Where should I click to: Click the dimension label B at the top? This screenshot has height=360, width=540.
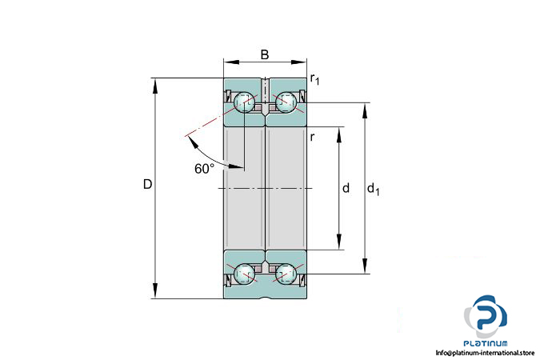(x=265, y=54)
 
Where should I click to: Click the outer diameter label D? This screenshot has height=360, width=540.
(x=147, y=184)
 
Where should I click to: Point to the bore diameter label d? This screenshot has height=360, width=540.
(x=346, y=188)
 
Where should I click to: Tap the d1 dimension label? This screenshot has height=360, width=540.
(x=374, y=189)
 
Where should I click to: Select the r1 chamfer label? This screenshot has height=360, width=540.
(x=314, y=79)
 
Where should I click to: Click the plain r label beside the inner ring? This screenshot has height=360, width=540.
(x=312, y=137)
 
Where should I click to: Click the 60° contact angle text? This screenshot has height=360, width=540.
(x=204, y=169)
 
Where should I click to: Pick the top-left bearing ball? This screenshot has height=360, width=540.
(x=244, y=102)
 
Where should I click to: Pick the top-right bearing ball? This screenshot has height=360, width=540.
(x=286, y=102)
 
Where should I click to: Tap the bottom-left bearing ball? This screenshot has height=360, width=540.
(x=244, y=274)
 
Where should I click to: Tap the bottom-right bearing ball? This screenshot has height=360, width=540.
(x=286, y=274)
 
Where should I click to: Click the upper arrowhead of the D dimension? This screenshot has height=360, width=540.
(x=155, y=86)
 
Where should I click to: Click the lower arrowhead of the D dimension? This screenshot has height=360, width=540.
(x=155, y=290)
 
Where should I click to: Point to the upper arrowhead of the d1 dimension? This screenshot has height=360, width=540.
(x=365, y=110)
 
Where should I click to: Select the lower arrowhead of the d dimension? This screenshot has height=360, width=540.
(x=339, y=241)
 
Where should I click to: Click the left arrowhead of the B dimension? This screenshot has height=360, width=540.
(x=231, y=62)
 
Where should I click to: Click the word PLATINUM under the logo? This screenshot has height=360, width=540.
(x=486, y=343)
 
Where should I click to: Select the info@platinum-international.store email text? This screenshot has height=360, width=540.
(x=485, y=353)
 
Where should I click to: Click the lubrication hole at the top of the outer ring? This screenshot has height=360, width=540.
(x=265, y=90)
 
